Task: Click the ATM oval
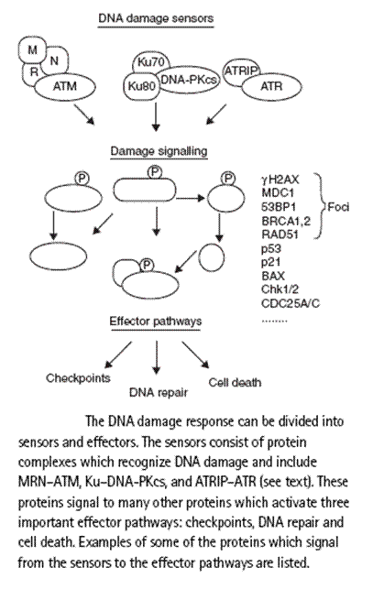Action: pos(65,86)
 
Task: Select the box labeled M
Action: pos(32,49)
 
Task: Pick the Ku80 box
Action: pos(141,86)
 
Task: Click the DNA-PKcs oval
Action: pos(188,80)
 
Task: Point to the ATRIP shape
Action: pos(241,70)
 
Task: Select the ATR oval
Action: pos(271,87)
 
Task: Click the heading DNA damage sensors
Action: pos(156,18)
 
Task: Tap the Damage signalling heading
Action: pos(159,151)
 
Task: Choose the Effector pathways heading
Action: pos(156,322)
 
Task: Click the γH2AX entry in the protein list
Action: pos(280,180)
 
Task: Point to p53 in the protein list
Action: pos(271,248)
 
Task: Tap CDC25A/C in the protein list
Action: pos(291,303)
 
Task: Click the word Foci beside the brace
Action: pos(338,207)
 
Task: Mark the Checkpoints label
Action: pos(78,378)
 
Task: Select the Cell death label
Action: pos(235,382)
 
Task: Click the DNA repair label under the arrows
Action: pos(159,393)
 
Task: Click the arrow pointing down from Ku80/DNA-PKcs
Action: pos(156,116)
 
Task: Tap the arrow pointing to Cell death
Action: pos(195,354)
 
